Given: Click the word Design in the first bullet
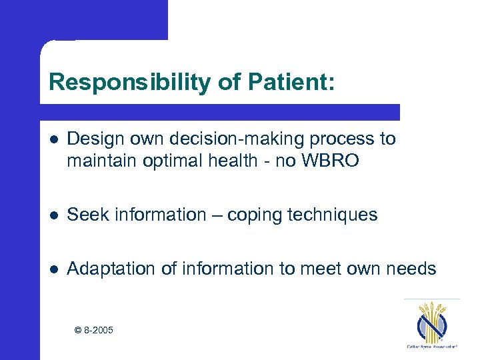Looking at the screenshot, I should coord(92,139).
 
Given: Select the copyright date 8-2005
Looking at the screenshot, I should coord(99,330).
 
